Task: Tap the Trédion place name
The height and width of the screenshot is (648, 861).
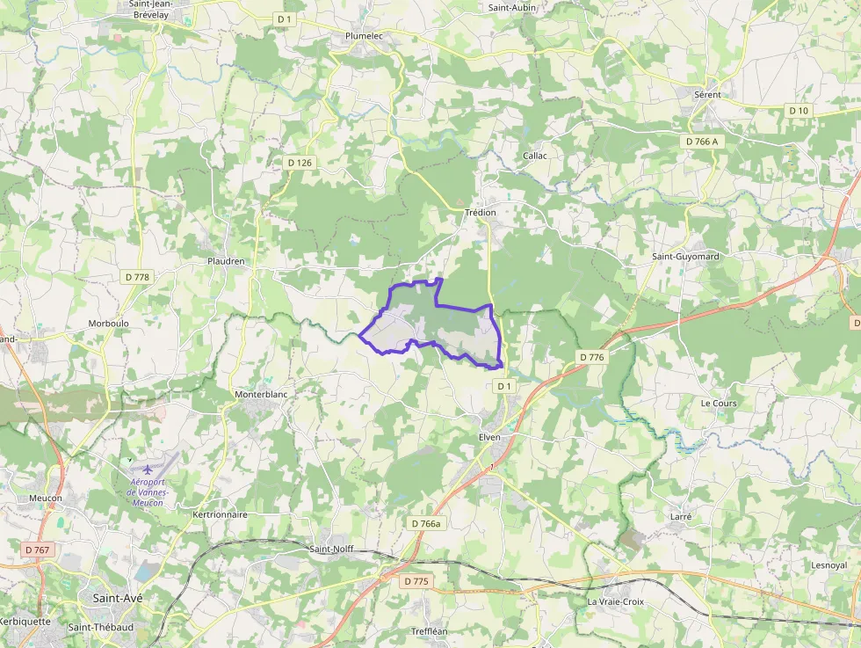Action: click(481, 213)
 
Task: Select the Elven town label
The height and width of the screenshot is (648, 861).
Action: click(489, 437)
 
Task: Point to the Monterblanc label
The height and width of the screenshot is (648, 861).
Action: click(261, 395)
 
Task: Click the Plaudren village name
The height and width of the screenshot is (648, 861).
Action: click(226, 261)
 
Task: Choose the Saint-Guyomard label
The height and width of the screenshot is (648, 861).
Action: click(685, 257)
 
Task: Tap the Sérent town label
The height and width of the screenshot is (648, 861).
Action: click(707, 94)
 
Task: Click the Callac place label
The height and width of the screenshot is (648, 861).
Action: click(535, 156)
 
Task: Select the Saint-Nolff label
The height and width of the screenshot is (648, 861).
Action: click(331, 549)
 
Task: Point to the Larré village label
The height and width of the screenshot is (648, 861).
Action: click(680, 517)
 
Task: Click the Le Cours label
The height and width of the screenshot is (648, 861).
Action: click(719, 403)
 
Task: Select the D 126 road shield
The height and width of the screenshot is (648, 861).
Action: click(300, 163)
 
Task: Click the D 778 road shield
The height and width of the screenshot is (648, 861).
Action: click(138, 277)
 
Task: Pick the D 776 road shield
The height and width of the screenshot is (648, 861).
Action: click(592, 357)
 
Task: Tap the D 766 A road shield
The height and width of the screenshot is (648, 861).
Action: click(700, 141)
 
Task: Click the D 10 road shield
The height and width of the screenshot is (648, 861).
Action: click(798, 110)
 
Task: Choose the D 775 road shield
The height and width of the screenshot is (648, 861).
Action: click(416, 581)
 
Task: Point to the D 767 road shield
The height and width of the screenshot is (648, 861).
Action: click(38, 550)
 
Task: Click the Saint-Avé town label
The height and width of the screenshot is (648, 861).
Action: click(118, 598)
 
